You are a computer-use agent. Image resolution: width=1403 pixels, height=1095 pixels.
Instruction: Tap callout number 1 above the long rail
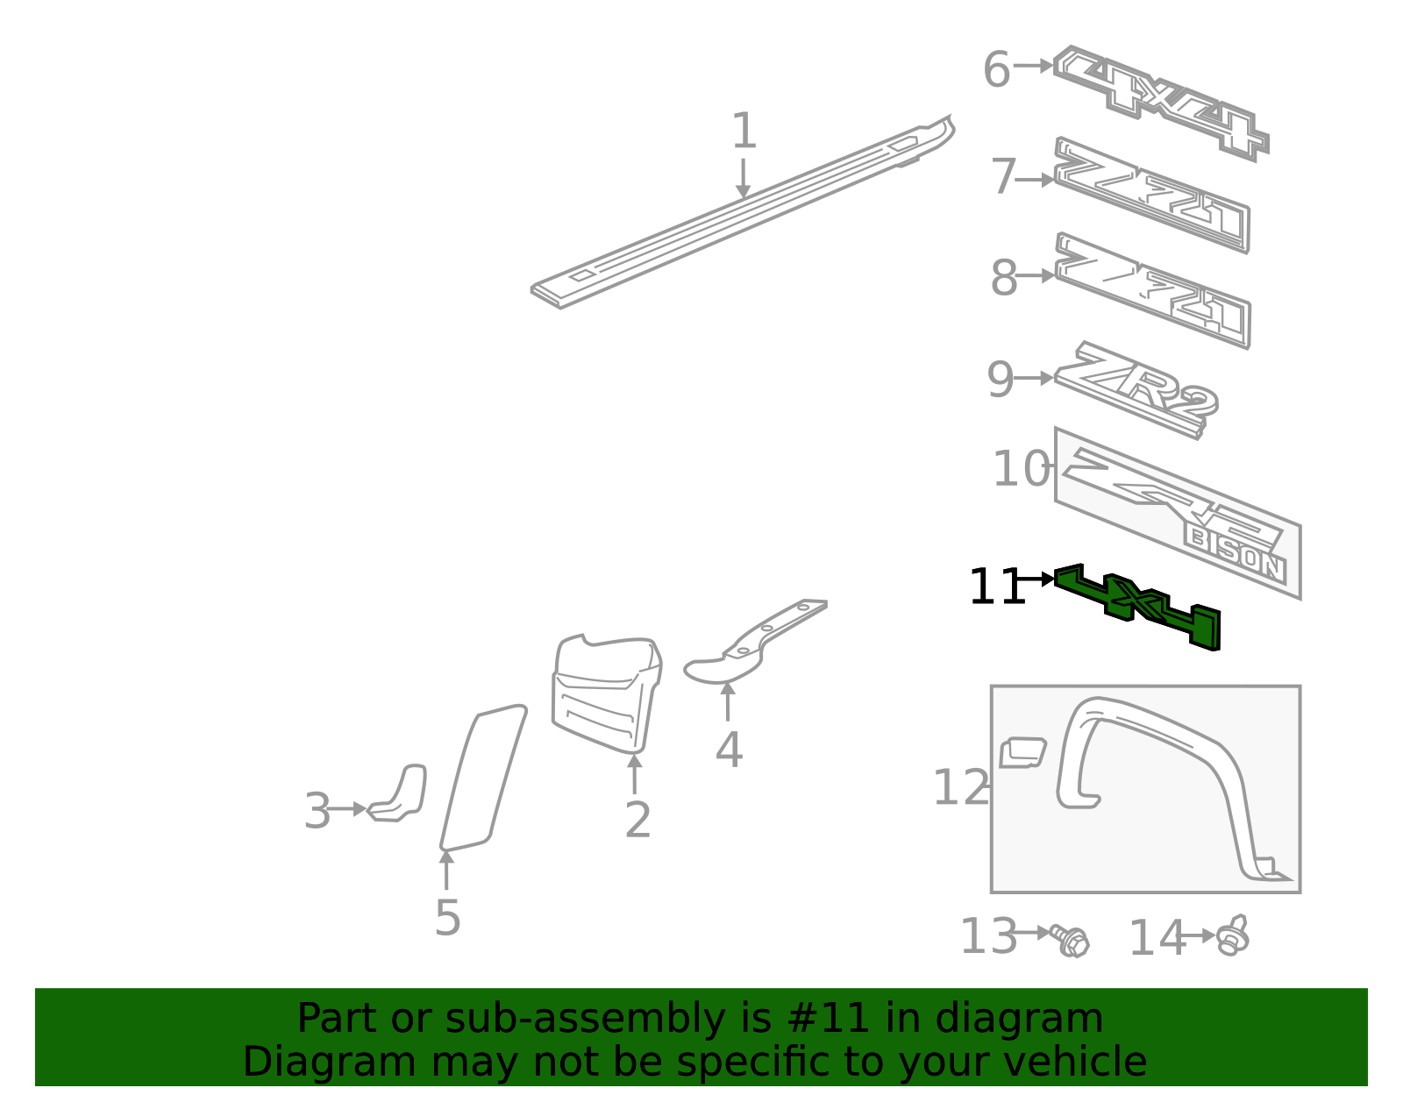744,132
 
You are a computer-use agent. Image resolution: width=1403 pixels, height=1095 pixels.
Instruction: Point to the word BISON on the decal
1236,552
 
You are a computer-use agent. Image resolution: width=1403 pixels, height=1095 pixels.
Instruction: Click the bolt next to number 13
1072,941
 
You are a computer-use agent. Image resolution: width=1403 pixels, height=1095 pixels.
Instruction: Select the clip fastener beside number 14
1234,937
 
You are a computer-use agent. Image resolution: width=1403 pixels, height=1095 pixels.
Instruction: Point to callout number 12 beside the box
960,787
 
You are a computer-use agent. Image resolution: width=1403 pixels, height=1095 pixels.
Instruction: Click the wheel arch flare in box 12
1166,771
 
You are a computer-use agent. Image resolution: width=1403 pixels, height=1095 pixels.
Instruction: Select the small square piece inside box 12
1022,752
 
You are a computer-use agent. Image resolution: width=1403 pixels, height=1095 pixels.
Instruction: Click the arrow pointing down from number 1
744,180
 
